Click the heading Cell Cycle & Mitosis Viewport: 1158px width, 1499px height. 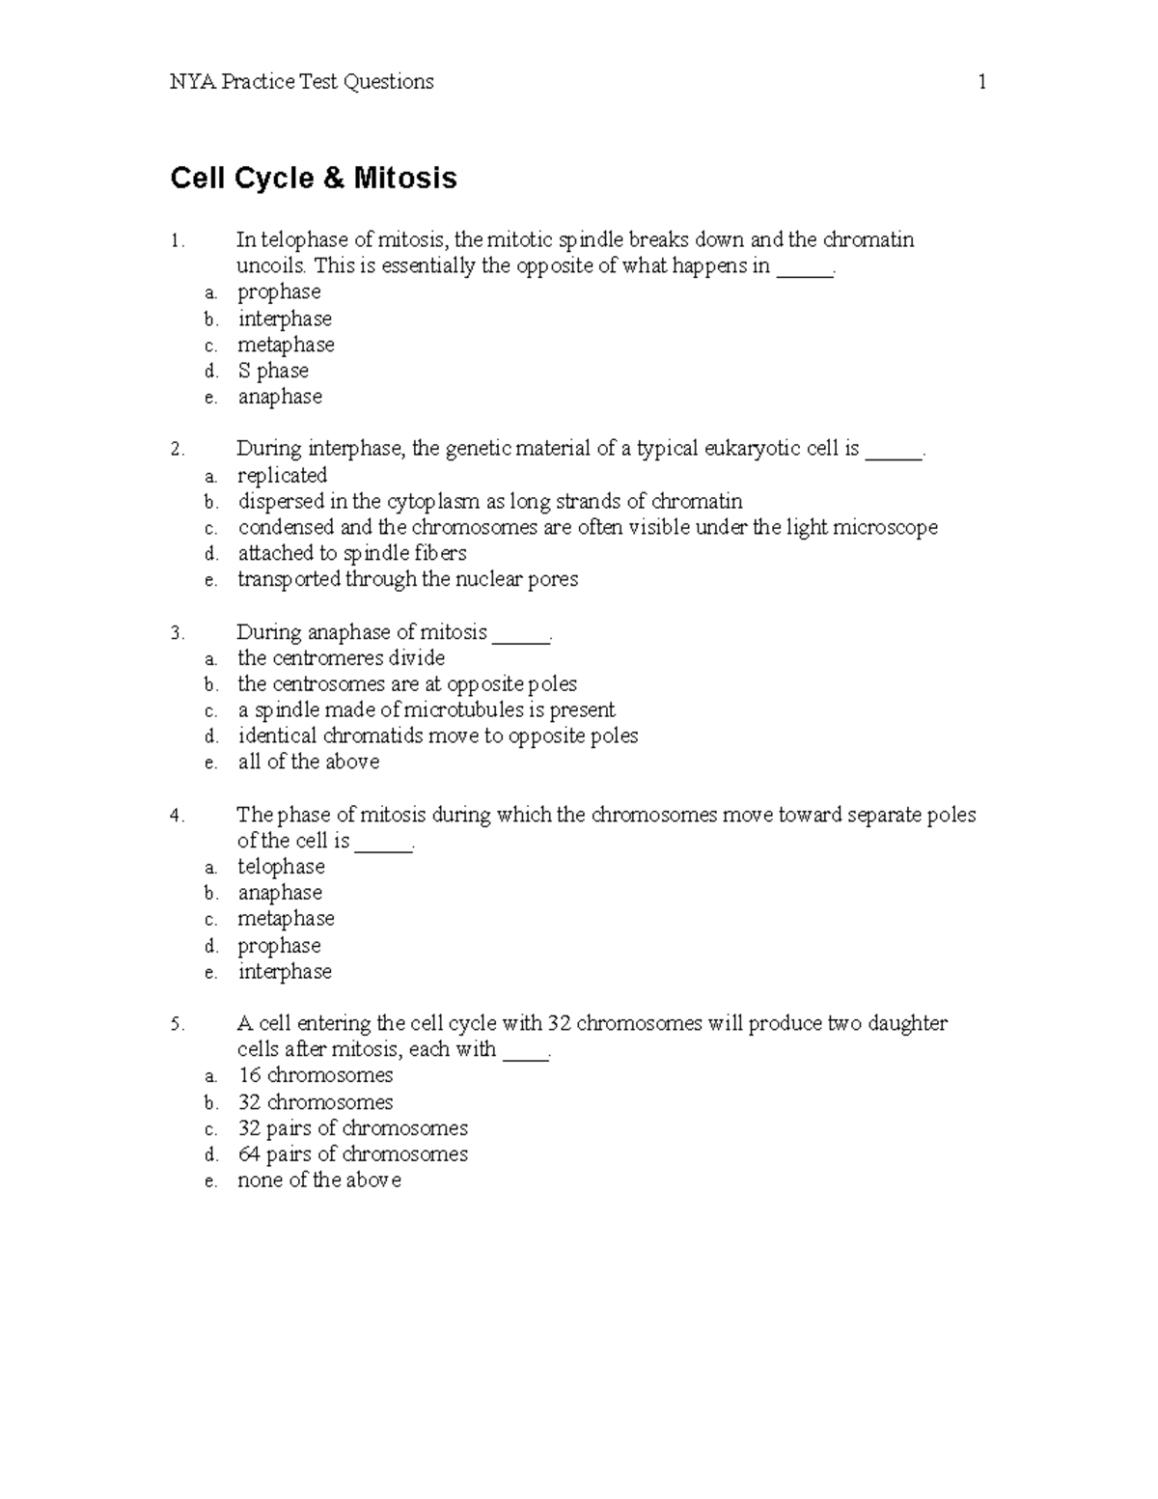click(314, 179)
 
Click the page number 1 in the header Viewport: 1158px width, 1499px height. click(981, 82)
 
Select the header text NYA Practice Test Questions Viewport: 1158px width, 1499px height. click(301, 82)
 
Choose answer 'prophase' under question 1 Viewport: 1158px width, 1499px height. click(279, 292)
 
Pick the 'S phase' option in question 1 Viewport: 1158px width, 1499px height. click(273, 371)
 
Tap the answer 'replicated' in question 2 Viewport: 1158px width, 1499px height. click(282, 476)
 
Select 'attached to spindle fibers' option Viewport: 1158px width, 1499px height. click(352, 554)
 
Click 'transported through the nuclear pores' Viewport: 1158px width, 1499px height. click(407, 580)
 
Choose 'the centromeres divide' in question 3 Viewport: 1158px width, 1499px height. click(341, 658)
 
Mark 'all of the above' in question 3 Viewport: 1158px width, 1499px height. click(308, 763)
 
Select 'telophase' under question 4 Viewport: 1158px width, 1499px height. click(281, 868)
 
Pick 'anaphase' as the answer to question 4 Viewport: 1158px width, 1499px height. click(280, 894)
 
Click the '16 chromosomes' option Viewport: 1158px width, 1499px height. click(315, 1076)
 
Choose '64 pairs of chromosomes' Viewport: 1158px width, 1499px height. click(352, 1154)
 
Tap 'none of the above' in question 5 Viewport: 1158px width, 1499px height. click(318, 1180)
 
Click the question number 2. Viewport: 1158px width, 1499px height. click(176, 450)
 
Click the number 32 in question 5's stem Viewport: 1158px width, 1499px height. click(558, 1024)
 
